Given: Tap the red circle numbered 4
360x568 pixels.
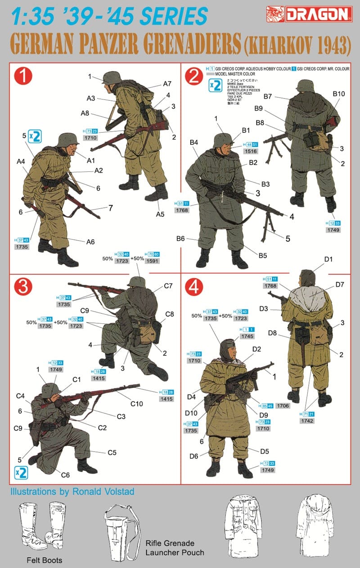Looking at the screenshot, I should tap(192, 287).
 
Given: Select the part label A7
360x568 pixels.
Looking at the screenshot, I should tap(167, 84).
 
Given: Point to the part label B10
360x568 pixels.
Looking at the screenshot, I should tap(338, 94).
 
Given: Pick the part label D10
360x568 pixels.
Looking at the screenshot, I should tap(192, 413).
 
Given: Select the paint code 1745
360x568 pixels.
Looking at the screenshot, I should tap(247, 336).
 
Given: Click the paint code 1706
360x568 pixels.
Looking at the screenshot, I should tap(283, 405).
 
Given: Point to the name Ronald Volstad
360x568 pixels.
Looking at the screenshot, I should tap(103, 491).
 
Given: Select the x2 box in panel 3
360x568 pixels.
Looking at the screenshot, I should tap(21, 472).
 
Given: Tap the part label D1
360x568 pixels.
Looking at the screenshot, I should tap(328, 259).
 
